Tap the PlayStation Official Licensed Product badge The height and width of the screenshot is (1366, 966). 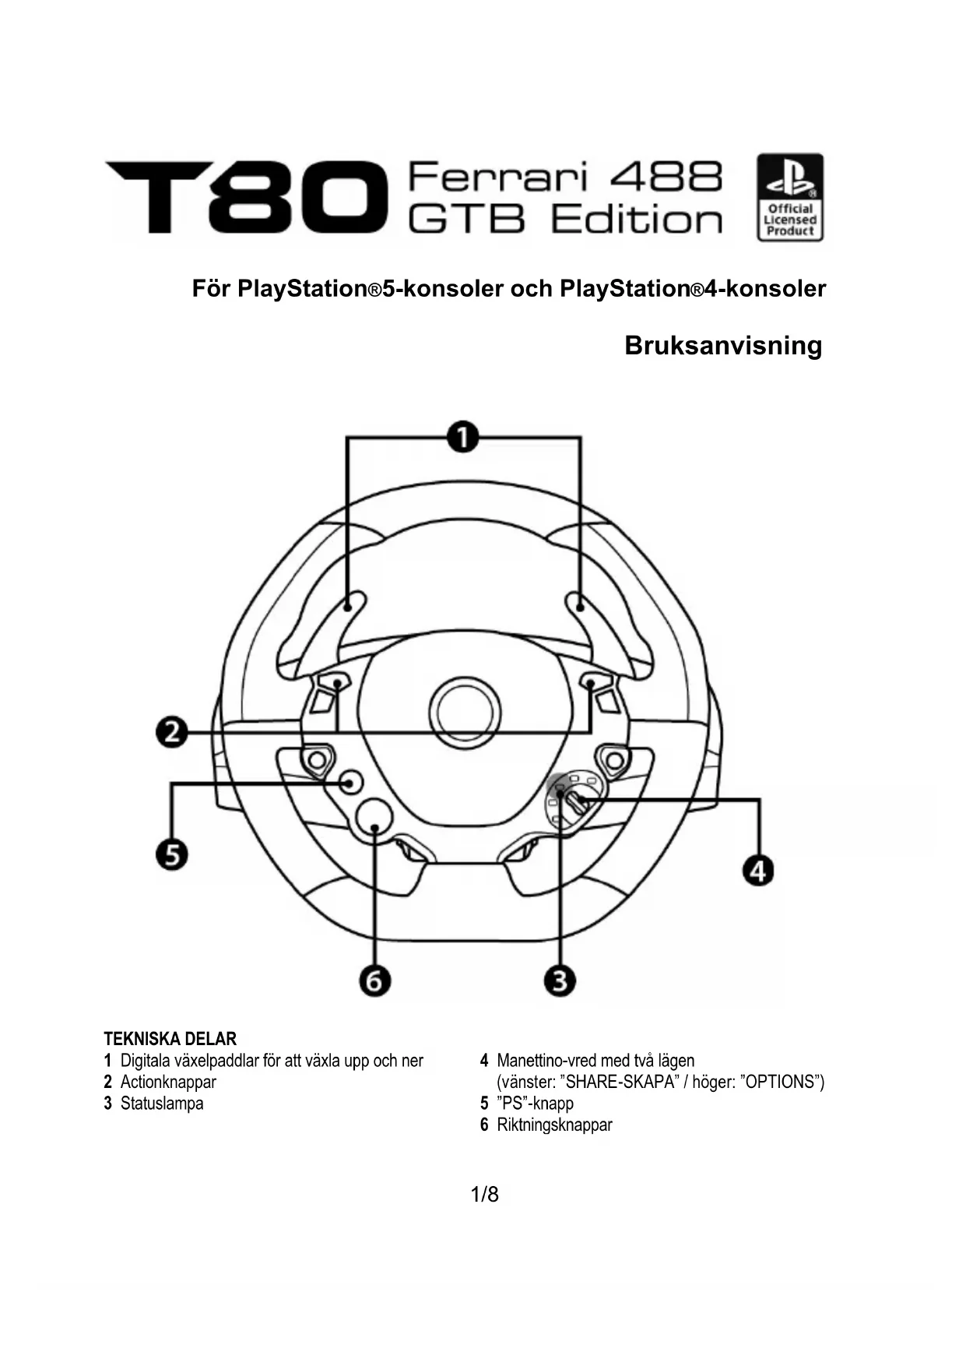[789, 197]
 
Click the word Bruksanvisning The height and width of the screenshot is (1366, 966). [722, 345]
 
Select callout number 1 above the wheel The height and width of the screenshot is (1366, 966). [463, 437]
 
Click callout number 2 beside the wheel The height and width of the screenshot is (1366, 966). [172, 732]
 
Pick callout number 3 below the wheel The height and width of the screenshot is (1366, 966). [560, 980]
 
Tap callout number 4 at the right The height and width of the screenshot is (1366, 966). [758, 869]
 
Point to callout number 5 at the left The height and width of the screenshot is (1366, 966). [172, 854]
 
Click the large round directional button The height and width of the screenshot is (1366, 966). [374, 819]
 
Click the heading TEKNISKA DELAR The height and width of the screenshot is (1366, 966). [170, 1039]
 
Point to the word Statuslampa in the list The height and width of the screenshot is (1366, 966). [162, 1104]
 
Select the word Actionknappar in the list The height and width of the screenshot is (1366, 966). [168, 1082]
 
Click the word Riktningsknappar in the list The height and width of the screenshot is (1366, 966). [554, 1125]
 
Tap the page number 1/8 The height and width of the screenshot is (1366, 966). [483, 1194]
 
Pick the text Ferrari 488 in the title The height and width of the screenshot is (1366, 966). [564, 177]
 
